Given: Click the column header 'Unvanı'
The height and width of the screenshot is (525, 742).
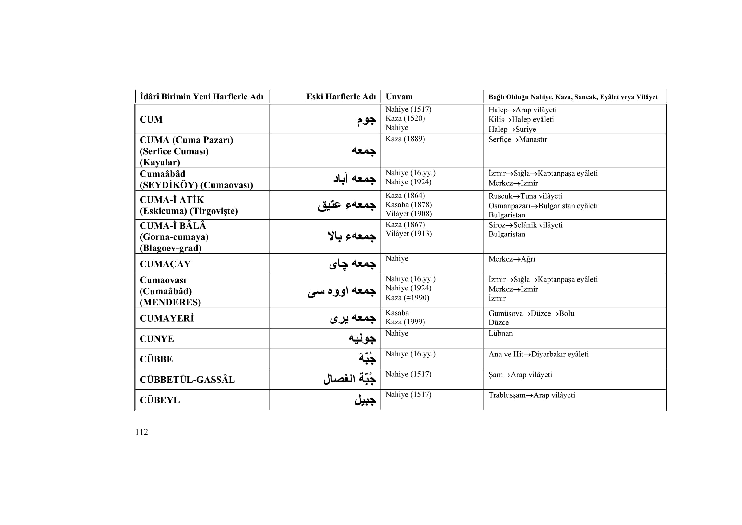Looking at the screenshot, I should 399,97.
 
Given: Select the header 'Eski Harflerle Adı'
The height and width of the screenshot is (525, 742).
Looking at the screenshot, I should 341,97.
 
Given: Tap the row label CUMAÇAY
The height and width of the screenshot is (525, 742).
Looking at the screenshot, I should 165,264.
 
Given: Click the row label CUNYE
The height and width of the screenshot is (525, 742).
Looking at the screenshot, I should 157,339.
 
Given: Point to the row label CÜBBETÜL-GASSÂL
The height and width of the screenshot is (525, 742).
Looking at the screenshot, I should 187,380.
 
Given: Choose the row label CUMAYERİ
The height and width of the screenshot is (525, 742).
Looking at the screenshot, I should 167,318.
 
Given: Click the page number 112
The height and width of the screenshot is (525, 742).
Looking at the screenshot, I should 141,432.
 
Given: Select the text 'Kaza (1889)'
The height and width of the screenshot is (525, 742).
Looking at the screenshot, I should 405,139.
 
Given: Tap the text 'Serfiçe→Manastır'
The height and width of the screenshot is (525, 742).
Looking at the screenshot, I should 518,140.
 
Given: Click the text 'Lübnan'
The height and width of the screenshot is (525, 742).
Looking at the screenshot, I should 501,333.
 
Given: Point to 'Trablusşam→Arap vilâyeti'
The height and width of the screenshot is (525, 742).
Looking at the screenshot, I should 532,395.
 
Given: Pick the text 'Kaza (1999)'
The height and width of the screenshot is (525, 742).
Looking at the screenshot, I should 405,322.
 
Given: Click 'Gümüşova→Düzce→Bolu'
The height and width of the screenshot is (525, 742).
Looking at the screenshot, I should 531,313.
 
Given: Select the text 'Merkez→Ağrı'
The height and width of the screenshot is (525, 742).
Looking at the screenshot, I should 512,259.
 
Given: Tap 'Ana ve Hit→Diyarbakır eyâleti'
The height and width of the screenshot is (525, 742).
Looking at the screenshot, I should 538,354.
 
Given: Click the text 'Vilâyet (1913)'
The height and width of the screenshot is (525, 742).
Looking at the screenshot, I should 409,234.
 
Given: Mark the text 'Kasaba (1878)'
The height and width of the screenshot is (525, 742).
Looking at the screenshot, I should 409,205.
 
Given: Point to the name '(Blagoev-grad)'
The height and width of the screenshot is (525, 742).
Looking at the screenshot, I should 171,248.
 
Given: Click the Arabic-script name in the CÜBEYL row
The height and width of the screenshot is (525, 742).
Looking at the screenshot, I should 365,400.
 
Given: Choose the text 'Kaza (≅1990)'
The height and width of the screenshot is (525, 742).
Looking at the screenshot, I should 407,298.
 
